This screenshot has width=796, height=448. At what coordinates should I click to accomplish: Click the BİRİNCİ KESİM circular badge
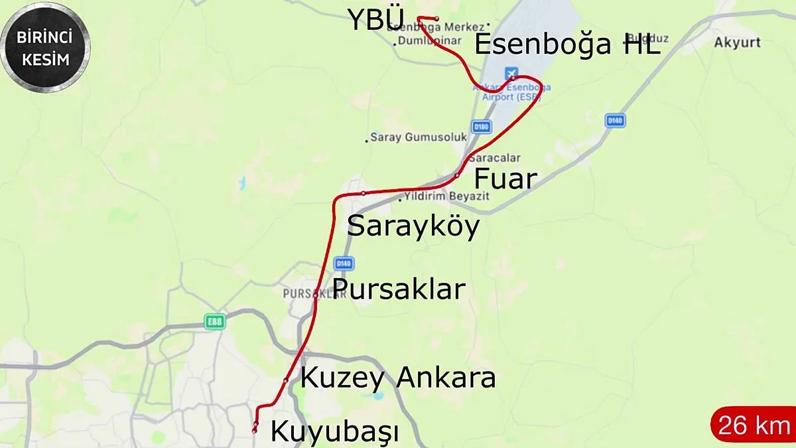click(45, 47)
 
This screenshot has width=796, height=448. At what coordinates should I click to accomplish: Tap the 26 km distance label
click(754, 425)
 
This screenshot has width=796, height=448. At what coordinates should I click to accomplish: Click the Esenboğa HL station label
click(567, 45)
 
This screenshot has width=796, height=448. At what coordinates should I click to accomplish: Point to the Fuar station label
click(505, 179)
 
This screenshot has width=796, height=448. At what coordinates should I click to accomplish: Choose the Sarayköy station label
click(413, 227)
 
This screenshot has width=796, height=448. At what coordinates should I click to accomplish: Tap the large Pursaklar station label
click(399, 289)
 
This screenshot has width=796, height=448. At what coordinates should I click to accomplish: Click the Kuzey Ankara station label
click(398, 378)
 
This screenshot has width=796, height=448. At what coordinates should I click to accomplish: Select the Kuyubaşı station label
click(335, 432)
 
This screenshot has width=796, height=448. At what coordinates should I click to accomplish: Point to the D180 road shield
click(481, 126)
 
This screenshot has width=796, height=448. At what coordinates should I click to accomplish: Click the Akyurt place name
click(737, 43)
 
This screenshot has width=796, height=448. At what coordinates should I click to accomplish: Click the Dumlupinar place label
click(428, 40)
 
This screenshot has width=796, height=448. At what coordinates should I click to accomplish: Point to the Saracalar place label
click(494, 158)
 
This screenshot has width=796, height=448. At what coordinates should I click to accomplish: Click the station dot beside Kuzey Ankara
click(286, 380)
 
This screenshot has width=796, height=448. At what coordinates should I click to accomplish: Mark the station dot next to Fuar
click(457, 175)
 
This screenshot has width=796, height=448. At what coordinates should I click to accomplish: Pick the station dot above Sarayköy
click(364, 193)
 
